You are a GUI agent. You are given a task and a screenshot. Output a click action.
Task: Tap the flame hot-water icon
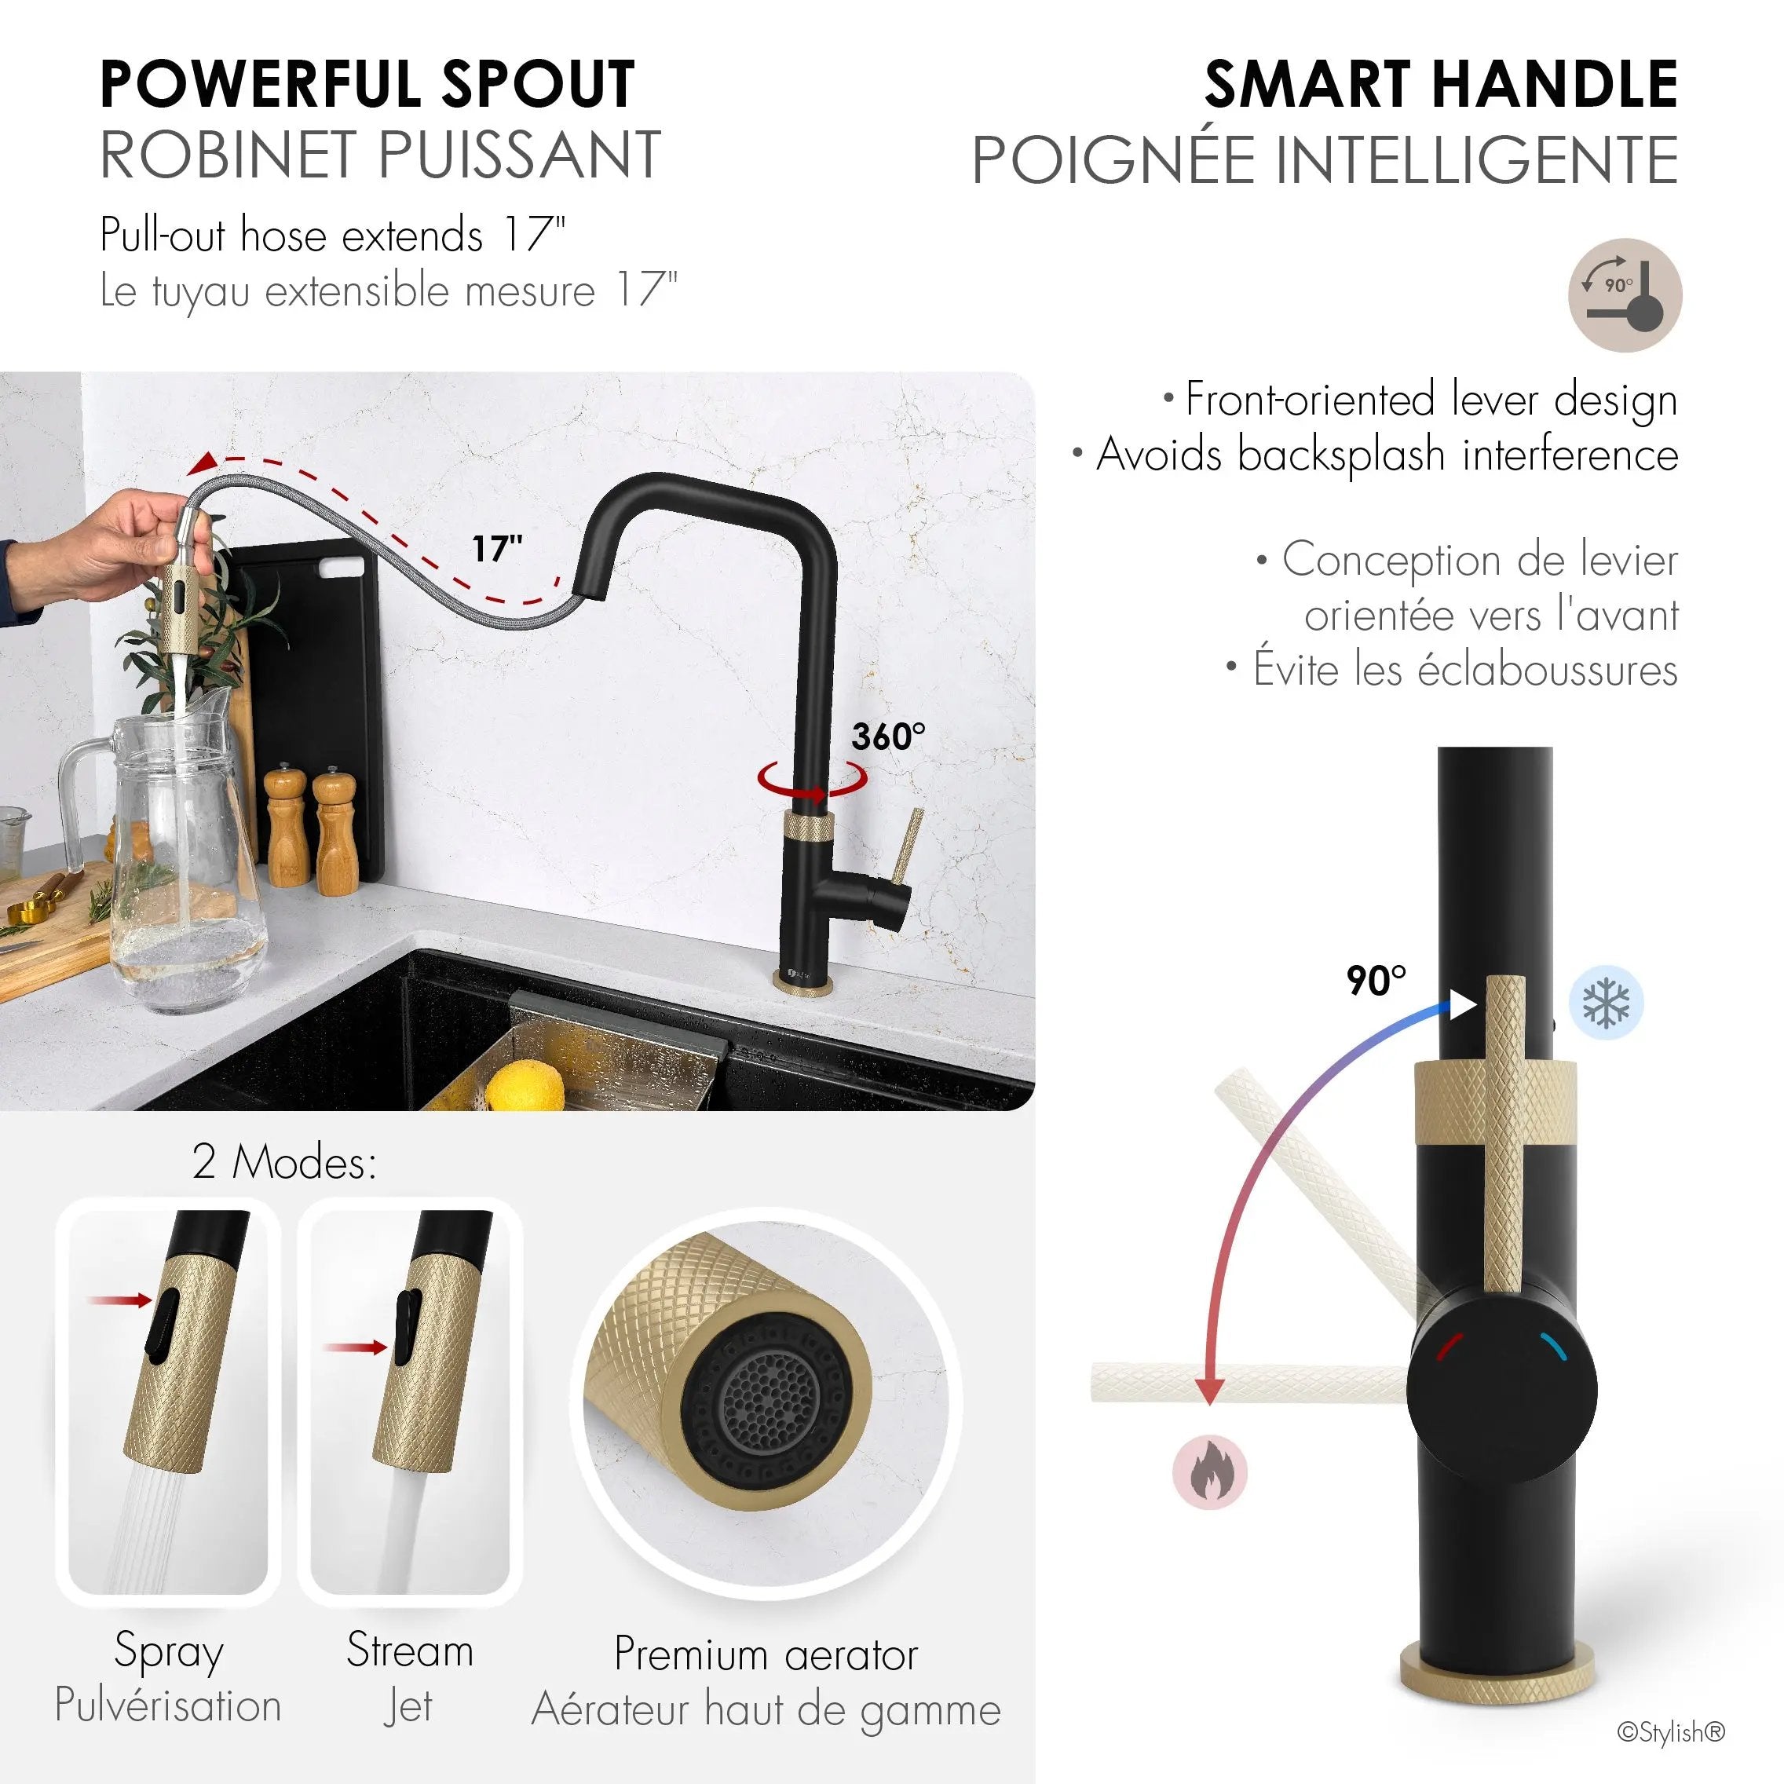pyautogui.click(x=1210, y=1472)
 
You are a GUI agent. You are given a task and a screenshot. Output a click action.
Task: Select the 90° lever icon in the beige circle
pyautogui.click(x=1625, y=295)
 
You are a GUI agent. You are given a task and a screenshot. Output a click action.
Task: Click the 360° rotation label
pyautogui.click(x=888, y=736)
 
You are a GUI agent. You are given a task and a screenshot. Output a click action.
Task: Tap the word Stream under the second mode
pyautogui.click(x=410, y=1649)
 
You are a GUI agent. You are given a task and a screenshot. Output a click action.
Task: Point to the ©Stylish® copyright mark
pyautogui.click(x=1672, y=1732)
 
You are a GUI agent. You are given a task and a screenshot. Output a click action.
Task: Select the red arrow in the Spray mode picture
pyautogui.click(x=120, y=1300)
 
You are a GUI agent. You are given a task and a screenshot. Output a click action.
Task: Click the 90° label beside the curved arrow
pyautogui.click(x=1376, y=981)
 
